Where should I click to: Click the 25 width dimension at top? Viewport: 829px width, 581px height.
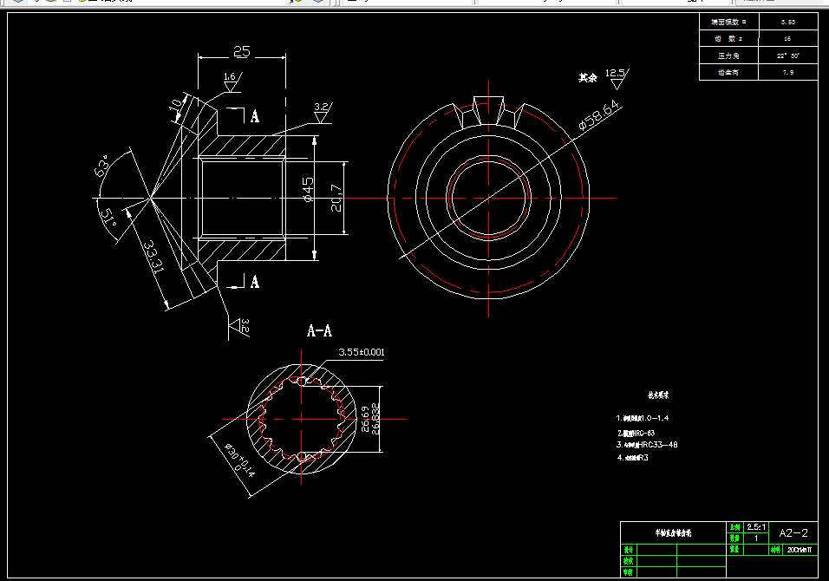click(x=241, y=52)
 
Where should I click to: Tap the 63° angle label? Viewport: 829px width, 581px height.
click(x=103, y=166)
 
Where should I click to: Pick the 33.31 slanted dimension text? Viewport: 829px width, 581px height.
click(x=154, y=258)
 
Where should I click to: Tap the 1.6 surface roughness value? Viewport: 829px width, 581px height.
click(x=230, y=77)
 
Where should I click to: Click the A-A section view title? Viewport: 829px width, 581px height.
click(x=320, y=330)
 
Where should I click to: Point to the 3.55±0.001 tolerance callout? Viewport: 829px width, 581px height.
click(x=361, y=352)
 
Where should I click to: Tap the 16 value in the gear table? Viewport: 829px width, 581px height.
click(x=787, y=39)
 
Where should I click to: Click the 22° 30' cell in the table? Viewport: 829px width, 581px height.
click(x=787, y=55)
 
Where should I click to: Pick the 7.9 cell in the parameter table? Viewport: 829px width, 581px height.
click(x=787, y=73)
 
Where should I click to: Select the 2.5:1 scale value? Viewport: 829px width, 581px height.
click(x=755, y=527)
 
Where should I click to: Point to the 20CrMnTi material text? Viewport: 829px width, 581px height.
click(x=798, y=549)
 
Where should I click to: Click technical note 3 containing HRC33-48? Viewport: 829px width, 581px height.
click(x=647, y=445)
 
